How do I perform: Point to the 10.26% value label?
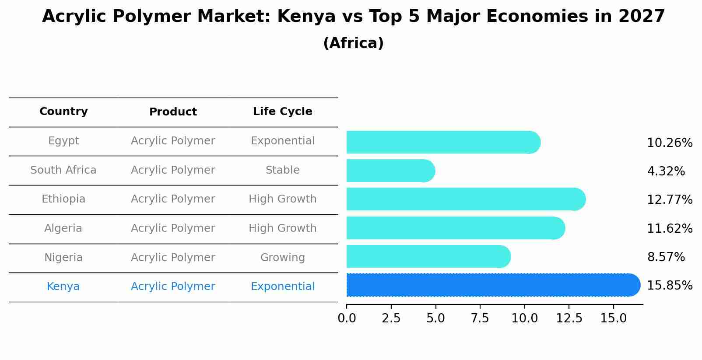tap(669, 143)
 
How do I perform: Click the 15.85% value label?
tap(669, 286)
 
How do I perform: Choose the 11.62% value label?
tap(669, 228)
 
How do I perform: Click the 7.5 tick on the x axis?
tap(480, 318)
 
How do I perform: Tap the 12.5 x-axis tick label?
tap(569, 318)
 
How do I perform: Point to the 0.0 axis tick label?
tap(347, 318)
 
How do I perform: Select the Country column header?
tap(63, 112)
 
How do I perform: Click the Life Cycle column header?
tap(282, 112)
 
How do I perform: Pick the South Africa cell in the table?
tap(63, 170)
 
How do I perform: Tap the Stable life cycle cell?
tap(282, 170)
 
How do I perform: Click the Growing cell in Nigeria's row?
tap(282, 258)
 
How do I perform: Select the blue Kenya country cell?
tap(63, 287)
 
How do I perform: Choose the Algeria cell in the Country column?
tap(63, 228)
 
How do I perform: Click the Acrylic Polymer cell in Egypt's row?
tap(173, 141)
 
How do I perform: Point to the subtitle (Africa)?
tap(353, 43)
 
